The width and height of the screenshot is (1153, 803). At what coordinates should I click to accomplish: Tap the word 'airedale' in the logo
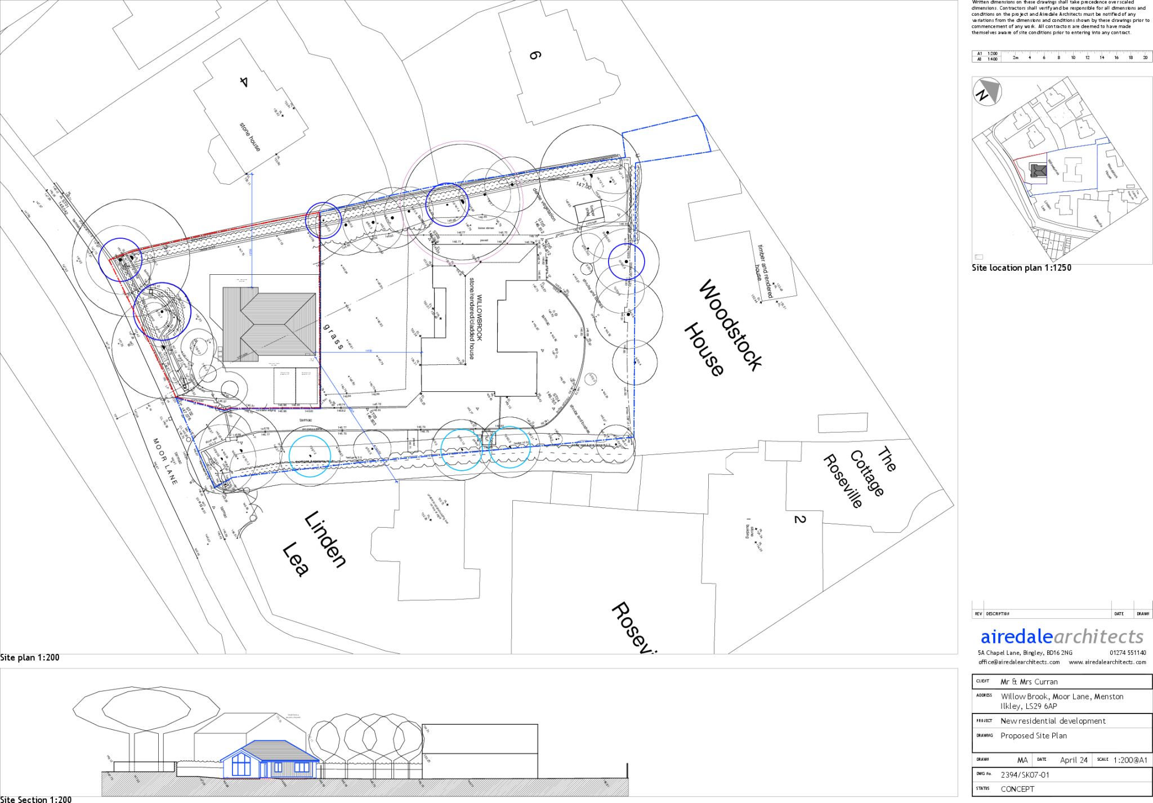(x=1016, y=637)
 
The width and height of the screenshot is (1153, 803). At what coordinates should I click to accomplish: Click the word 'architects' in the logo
(x=1098, y=637)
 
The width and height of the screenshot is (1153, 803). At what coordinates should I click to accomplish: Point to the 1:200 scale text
(x=992, y=53)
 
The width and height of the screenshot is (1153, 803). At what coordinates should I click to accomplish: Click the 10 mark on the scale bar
(x=1073, y=57)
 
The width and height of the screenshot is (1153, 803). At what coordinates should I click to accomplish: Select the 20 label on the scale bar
(x=1145, y=57)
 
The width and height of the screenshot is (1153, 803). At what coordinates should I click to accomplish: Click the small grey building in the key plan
(x=1039, y=170)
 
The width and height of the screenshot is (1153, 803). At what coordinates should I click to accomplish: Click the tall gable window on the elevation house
(x=241, y=765)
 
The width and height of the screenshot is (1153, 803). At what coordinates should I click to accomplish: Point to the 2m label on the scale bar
(x=1016, y=57)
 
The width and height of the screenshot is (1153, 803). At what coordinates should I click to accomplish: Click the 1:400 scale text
(x=992, y=59)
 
